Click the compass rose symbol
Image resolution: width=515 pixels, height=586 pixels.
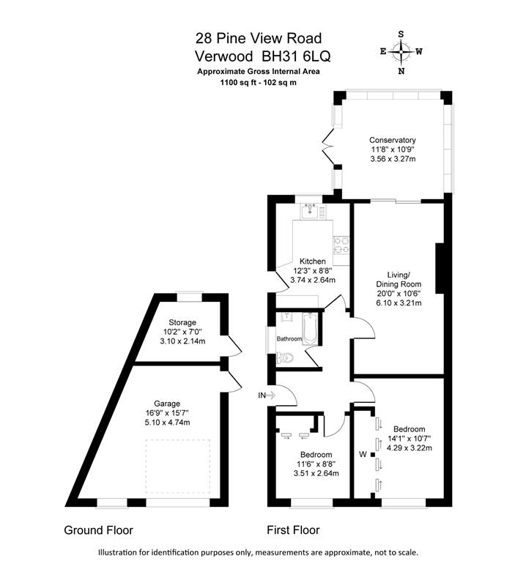[x=401, y=52]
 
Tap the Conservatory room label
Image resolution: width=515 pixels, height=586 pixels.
[x=393, y=140]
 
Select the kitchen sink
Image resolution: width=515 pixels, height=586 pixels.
[x=310, y=211]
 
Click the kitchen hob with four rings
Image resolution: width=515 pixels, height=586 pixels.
[x=341, y=245]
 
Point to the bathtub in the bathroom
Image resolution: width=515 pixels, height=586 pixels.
[x=310, y=329]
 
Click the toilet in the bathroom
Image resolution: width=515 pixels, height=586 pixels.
[x=284, y=358]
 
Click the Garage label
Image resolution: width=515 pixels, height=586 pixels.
[x=167, y=404]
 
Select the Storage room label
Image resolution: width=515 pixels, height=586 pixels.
[x=182, y=322]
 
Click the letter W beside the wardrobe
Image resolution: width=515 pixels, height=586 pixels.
[x=363, y=454]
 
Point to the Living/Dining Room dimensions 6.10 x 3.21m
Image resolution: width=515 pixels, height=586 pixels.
[x=399, y=303]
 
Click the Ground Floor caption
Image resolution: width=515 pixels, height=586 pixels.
[x=99, y=530]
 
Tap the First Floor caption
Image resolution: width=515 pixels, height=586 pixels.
[x=293, y=530]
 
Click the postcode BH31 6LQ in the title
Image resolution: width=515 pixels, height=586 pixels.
[x=297, y=56]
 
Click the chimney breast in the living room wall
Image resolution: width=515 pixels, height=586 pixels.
[x=440, y=268]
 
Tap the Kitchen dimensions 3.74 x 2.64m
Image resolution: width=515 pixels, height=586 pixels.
[x=313, y=280]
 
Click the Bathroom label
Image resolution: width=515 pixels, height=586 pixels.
[x=289, y=339]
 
